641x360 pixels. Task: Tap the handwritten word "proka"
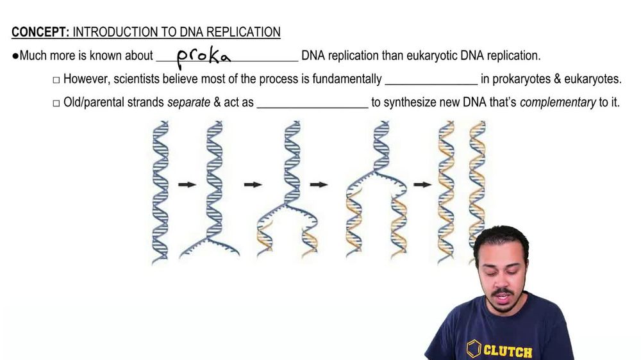[x=203, y=57]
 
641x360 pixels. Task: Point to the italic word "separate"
[x=188, y=102]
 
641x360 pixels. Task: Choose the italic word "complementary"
[x=558, y=102]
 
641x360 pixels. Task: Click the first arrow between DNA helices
[x=187, y=184]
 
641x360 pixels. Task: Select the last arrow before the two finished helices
[x=422, y=184]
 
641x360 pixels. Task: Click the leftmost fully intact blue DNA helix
[x=160, y=190]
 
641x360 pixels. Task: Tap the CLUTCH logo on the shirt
[x=500, y=350]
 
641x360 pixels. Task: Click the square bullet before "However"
[x=56, y=80]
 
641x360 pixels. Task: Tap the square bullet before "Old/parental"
[x=56, y=102]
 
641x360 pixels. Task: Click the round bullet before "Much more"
[x=15, y=56]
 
